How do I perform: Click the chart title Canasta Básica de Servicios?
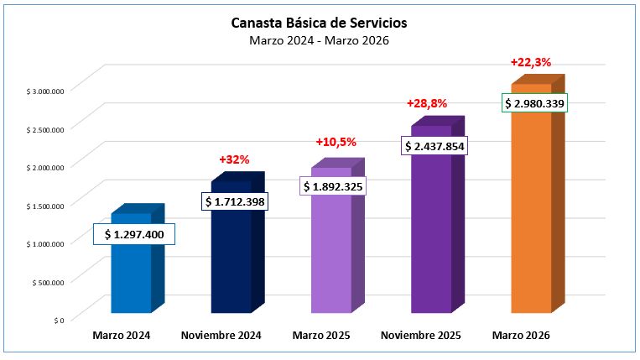pos(319,23)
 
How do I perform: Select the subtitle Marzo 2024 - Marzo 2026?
pos(319,40)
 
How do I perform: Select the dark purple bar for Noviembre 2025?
pos(431,235)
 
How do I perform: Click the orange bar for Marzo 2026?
pos(531,210)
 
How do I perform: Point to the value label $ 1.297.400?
pos(133,235)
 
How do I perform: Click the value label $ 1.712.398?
pos(235,201)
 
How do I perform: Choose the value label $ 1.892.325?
pos(333,186)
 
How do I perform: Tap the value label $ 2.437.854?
pos(434,146)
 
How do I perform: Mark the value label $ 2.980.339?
pos(535,104)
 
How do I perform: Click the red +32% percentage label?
pos(234,159)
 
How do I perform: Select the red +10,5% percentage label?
pos(335,143)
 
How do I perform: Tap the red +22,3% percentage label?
pos(530,62)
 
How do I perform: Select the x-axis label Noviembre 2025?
pos(420,336)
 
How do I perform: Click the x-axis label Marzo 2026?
pos(520,336)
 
